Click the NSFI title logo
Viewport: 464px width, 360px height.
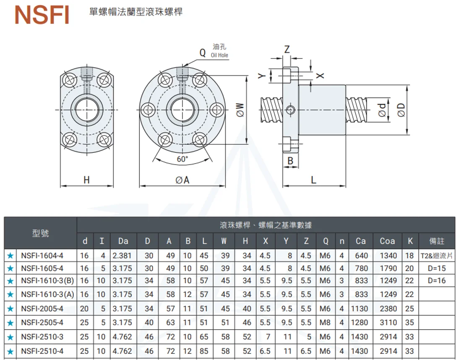tap(42, 14)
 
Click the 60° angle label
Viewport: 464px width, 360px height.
tap(182, 159)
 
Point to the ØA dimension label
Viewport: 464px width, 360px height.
tap(182, 180)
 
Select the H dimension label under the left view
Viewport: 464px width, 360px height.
tap(86, 180)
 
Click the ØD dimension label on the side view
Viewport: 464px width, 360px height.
tap(401, 110)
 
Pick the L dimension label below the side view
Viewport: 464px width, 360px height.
tap(313, 180)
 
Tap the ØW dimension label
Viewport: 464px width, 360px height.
tap(240, 110)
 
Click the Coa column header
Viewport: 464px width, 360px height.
tap(387, 241)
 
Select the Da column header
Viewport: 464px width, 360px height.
tap(123, 241)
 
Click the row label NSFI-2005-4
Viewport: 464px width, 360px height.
tap(42, 308)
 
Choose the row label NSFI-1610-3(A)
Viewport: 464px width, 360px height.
tap(47, 295)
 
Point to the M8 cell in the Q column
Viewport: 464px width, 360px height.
tap(325, 323)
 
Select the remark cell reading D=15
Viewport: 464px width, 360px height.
tap(436, 268)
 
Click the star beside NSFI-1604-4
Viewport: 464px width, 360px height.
tap(10, 256)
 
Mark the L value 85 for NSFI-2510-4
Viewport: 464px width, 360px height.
tap(204, 351)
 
